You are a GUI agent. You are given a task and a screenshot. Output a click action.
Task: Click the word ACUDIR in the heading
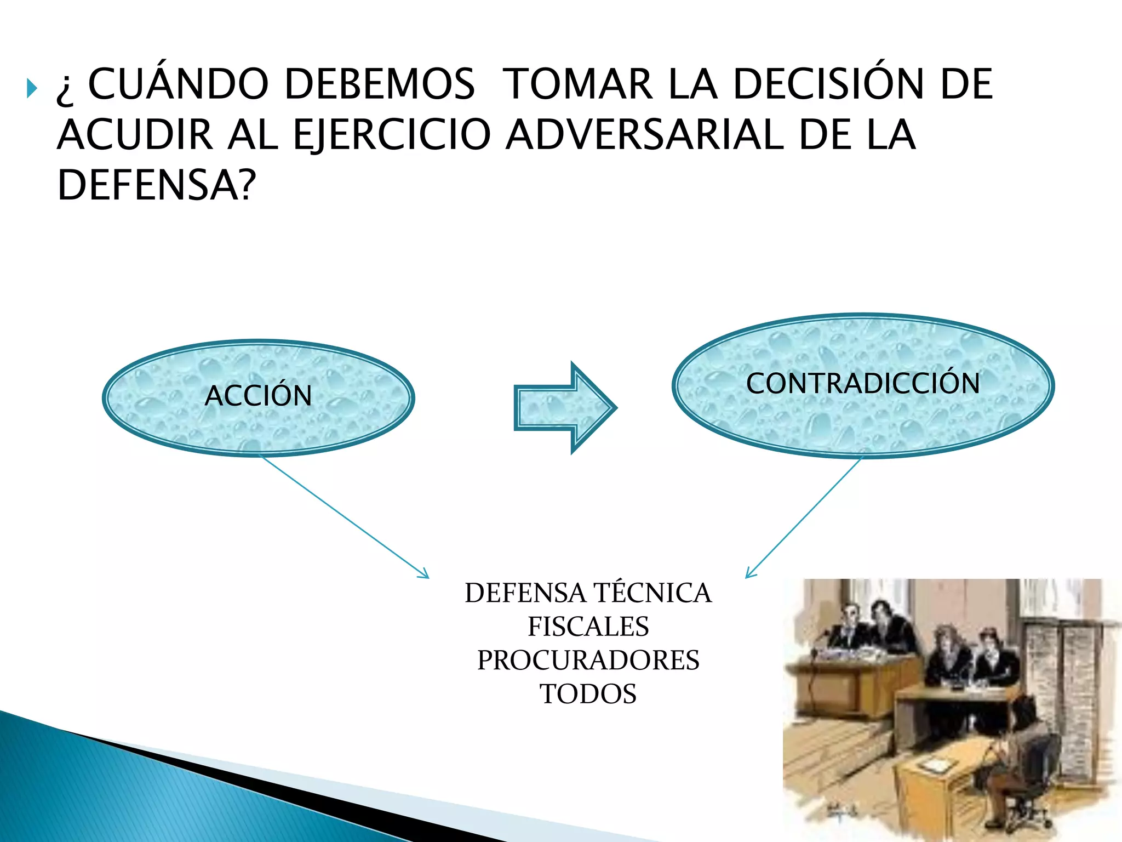(135, 135)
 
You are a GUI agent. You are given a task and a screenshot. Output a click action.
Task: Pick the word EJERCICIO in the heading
(392, 135)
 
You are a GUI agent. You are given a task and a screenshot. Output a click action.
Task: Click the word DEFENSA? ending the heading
(157, 185)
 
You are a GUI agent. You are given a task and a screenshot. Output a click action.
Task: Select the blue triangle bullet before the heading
(32, 88)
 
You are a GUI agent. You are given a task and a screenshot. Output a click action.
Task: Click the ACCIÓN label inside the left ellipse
(258, 396)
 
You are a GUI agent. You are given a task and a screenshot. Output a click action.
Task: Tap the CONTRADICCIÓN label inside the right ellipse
(863, 383)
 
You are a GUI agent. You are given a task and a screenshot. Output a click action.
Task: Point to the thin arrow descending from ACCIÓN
(345, 517)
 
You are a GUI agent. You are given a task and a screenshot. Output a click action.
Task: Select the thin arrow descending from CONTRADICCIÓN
(803, 517)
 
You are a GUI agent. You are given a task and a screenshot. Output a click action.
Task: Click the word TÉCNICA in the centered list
(652, 593)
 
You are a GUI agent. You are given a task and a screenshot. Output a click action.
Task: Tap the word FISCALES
(588, 627)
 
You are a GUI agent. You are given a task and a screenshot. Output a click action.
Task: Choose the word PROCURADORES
(588, 660)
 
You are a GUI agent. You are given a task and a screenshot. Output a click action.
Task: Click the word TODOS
(588, 694)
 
